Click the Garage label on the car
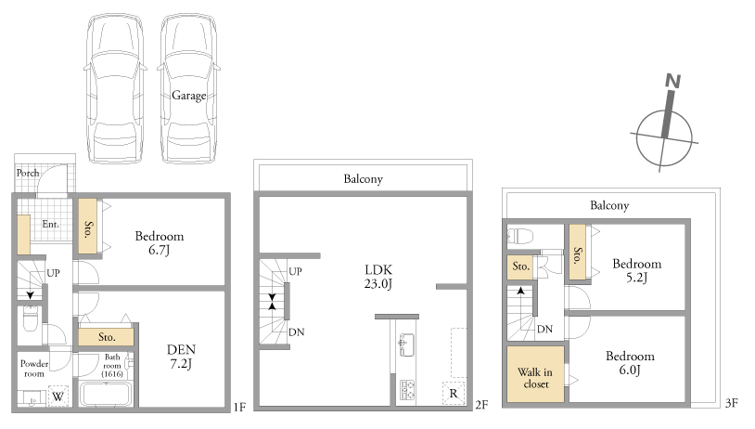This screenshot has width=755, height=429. tap(189, 96)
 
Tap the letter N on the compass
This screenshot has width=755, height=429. tap(672, 81)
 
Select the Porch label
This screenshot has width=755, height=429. tap(28, 173)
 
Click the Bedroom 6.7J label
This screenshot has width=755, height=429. tap(160, 242)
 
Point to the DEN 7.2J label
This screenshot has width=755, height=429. tap(181, 357)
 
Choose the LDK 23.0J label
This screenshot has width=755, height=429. tap(378, 276)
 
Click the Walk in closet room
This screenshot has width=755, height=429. tap(535, 374)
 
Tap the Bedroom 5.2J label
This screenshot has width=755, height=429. tap(636, 270)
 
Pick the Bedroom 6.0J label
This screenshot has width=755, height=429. tap(630, 362)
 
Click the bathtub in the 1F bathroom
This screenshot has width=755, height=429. tap(105, 394)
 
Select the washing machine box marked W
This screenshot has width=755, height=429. tap(58, 396)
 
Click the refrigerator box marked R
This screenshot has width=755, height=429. tap(454, 393)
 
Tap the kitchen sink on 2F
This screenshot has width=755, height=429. tap(406, 344)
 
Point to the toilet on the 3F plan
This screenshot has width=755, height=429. tap(520, 236)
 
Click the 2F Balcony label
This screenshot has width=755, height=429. tap(363, 179)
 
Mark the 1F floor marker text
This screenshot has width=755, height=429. tap(239, 408)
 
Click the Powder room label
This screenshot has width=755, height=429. tap(34, 369)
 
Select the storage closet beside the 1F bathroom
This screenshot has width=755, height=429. tap(106, 336)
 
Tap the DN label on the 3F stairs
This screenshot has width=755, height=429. tap(544, 329)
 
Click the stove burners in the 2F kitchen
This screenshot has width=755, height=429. tap(407, 390)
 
